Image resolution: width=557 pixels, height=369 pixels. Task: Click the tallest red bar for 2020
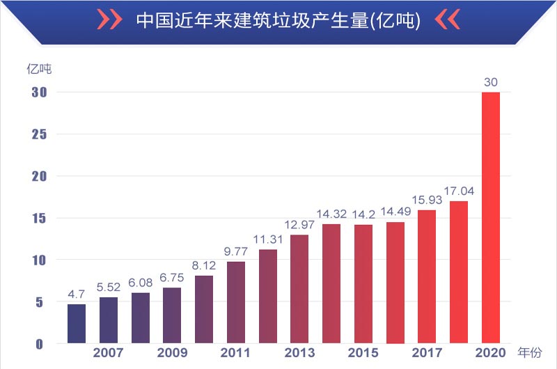click(x=490, y=217)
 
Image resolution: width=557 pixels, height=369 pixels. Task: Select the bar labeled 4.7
click(x=77, y=324)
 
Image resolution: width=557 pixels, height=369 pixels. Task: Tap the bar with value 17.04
click(x=459, y=272)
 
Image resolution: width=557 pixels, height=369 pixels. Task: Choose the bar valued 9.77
click(x=236, y=302)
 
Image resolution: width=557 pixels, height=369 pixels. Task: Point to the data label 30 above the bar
click(x=490, y=82)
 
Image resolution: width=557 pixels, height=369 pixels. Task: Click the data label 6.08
click(x=141, y=283)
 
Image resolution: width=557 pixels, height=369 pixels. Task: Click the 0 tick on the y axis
click(x=40, y=344)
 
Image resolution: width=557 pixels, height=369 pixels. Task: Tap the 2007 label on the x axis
click(x=109, y=354)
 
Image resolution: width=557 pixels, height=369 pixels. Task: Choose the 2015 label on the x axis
click(x=363, y=354)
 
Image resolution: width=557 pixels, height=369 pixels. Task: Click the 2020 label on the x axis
click(x=490, y=354)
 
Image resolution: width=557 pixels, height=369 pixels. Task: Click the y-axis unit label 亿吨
click(x=39, y=69)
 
